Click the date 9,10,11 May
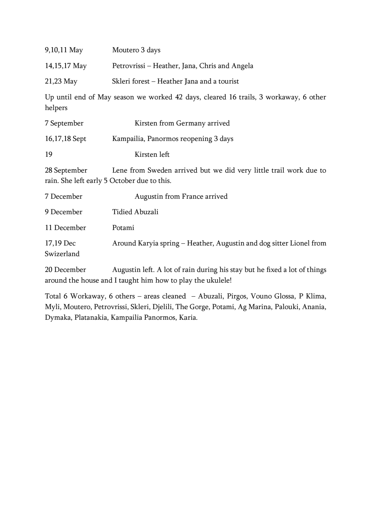point(64,50)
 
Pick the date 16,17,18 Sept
point(66,139)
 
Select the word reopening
point(196,139)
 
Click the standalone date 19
point(48,154)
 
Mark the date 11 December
point(65,228)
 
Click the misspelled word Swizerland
point(62,254)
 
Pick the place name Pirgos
point(237,296)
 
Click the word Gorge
point(199,307)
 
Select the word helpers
point(56,108)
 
